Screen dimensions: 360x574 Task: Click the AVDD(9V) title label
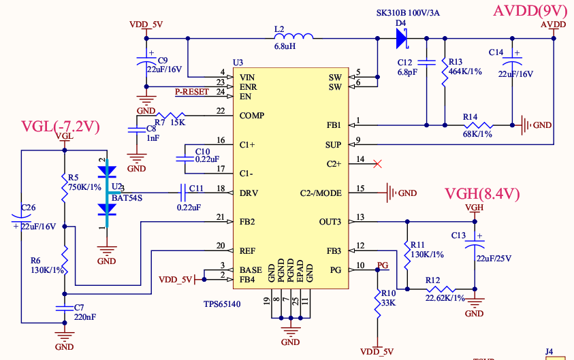pos(530,11)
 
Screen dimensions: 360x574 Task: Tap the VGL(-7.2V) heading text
pos(61,127)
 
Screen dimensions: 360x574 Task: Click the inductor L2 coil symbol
pos(293,37)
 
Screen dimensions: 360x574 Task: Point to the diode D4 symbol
pos(401,39)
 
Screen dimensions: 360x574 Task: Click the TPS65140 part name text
pos(222,305)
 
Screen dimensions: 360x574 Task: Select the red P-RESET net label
pos(192,92)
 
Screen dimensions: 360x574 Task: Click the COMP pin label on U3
pos(252,116)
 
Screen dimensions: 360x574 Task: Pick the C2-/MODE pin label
pos(321,193)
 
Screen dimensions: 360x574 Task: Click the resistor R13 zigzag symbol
pos(444,72)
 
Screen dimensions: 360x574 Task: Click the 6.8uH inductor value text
pos(284,47)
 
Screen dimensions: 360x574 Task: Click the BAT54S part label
pos(127,197)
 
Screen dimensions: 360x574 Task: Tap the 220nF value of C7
pos(85,316)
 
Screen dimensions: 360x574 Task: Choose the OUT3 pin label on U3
pos(329,222)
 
